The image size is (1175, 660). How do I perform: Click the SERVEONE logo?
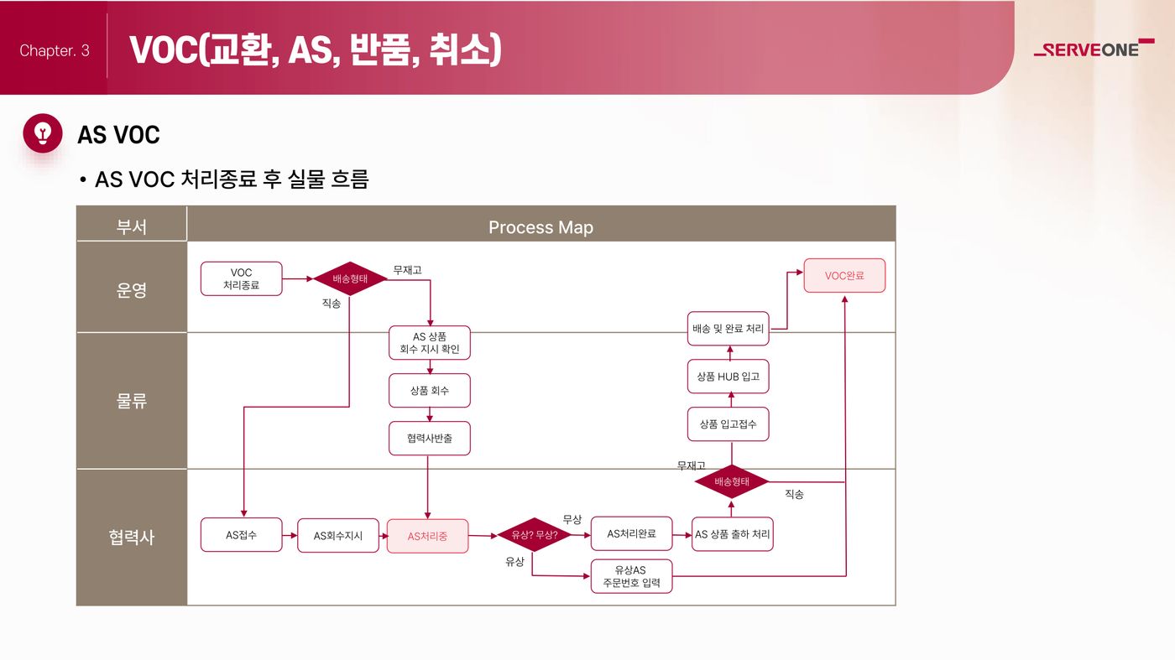point(1094,49)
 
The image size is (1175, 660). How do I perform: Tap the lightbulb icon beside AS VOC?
point(43,133)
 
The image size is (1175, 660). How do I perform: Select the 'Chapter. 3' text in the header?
point(55,50)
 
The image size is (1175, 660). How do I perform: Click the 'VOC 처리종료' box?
point(242,279)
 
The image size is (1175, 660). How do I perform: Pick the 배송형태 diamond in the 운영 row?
point(350,278)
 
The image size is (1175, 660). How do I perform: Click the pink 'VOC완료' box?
point(844,276)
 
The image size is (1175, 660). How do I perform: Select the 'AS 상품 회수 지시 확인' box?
point(430,343)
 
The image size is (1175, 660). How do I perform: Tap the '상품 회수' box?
point(430,391)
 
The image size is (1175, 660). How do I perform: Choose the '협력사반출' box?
point(430,439)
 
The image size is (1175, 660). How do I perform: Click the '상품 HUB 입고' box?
point(728,377)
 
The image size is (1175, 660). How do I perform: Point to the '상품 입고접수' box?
point(728,424)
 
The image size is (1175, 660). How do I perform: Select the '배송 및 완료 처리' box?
point(728,329)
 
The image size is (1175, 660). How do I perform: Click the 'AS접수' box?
point(242,535)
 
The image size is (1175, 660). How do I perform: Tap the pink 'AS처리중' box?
point(427,536)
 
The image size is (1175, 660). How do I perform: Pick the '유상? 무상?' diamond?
point(534,535)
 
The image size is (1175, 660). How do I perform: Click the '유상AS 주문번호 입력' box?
point(631,576)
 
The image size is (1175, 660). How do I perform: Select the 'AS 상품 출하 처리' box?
point(732,534)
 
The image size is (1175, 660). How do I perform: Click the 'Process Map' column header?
point(540,227)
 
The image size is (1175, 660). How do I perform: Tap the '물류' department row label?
point(131,401)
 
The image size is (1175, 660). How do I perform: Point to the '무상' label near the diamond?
point(572,519)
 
